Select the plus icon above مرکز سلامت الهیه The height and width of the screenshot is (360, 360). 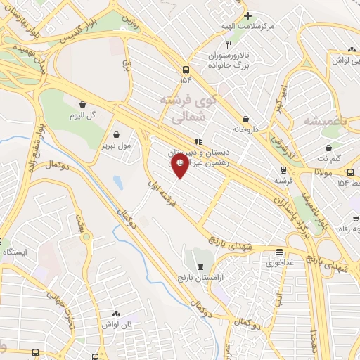click(247, 15)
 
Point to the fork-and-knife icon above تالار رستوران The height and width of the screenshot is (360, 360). click(219, 44)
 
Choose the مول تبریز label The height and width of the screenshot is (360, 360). click(116, 146)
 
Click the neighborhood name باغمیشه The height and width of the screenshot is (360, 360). click(326, 121)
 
